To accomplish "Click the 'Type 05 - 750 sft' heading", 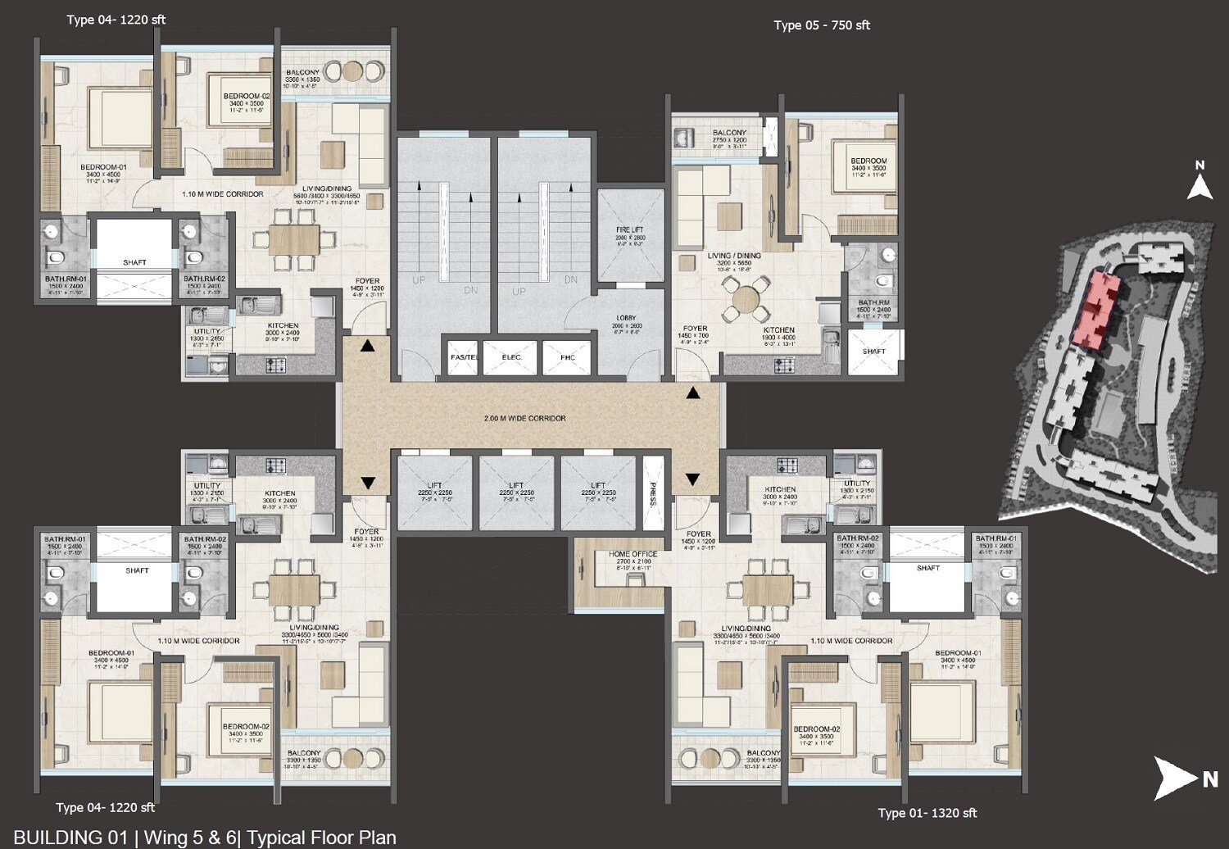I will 821,25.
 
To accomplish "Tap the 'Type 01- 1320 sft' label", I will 927,813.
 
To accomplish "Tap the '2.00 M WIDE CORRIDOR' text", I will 524,418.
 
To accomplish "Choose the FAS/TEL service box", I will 464,357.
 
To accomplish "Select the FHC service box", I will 568,357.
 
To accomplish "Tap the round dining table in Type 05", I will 746,299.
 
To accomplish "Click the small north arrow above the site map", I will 1200,182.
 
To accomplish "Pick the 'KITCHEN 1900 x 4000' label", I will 778,334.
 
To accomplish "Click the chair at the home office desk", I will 633,579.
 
